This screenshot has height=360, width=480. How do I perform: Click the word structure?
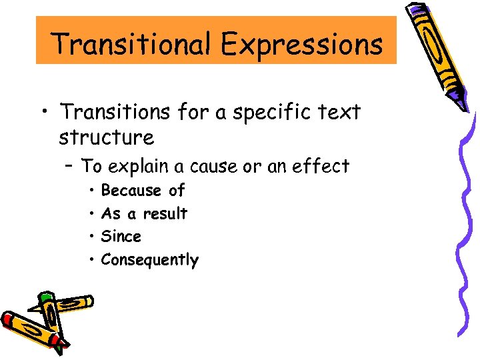tap(106, 137)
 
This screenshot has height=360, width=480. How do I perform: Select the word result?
tap(166, 214)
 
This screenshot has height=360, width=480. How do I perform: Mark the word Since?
tap(121, 237)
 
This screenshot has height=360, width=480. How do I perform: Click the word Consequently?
tap(149, 260)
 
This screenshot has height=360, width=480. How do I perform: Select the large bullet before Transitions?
tap(43, 112)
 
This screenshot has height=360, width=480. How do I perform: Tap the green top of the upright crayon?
tap(45, 297)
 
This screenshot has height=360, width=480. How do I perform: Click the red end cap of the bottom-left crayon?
tap(8, 319)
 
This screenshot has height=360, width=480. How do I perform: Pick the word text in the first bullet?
tap(341, 112)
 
